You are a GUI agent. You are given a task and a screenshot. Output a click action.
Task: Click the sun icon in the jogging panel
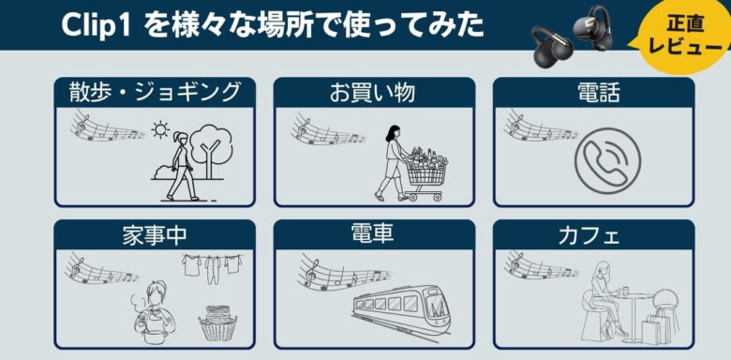click(x=160, y=130)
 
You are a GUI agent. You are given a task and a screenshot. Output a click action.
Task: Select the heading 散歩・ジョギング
click(x=155, y=92)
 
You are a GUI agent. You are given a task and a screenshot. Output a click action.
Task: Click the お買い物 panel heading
click(x=372, y=92)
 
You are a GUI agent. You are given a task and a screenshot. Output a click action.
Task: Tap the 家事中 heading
click(x=155, y=234)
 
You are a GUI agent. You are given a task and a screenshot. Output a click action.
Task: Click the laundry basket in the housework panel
click(x=217, y=322)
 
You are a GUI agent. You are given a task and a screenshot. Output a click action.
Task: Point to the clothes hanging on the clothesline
click(x=212, y=267)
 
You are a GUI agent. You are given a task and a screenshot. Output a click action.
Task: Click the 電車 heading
click(x=372, y=233)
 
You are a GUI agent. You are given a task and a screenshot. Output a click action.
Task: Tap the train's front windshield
click(x=436, y=306)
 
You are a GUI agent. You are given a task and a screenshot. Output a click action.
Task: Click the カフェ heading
click(x=589, y=235)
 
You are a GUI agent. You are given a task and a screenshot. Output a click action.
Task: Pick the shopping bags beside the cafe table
click(x=656, y=329)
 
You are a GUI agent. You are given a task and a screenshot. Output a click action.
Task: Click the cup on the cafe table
click(x=625, y=291)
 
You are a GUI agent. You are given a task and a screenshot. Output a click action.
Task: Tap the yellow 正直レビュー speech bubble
click(x=683, y=35)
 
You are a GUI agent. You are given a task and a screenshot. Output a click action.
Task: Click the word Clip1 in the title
click(x=97, y=26)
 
